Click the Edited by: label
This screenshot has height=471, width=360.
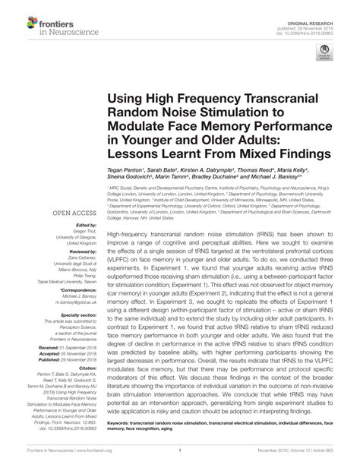click(85, 226)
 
